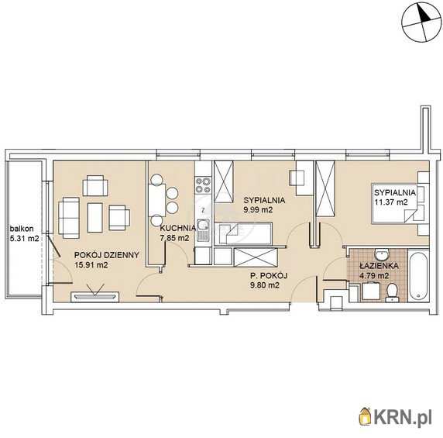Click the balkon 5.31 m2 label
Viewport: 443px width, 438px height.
24,233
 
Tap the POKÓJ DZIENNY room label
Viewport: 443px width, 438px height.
107,255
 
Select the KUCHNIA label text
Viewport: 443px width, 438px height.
177,228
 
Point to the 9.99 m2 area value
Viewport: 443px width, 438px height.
258,210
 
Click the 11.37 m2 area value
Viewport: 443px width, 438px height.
391,202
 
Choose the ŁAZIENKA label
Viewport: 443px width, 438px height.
379,266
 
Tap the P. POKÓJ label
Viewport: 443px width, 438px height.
269,275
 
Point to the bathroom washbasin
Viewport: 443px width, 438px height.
382,255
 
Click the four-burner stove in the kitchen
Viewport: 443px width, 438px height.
203,185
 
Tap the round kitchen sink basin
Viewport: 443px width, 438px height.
203,225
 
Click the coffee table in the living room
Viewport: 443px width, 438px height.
95,217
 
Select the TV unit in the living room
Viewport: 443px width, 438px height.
95,296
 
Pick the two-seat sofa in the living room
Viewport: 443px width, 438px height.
69,218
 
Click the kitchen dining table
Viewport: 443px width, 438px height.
156,200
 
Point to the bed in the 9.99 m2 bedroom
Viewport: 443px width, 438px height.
243,233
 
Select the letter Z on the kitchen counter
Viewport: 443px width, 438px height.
203,210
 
